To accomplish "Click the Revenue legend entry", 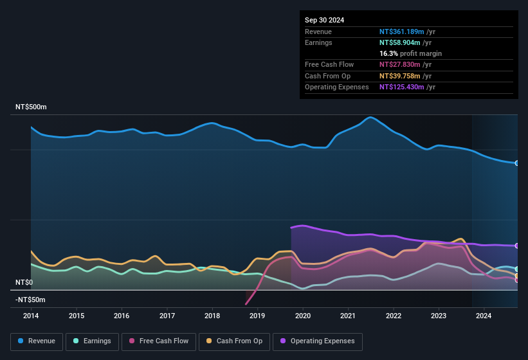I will coord(37,341).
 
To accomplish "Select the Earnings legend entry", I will coord(92,341).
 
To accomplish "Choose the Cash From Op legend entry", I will coord(235,341).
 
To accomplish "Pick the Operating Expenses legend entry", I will coord(318,341).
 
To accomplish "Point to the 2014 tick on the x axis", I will coord(31,316).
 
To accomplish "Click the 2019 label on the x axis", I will coord(257,316).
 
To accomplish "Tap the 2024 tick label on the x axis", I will coord(484,316).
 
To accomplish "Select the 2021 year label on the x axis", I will coord(348,316).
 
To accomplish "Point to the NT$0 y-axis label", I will coord(24,282).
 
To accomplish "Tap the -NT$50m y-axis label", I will coord(30,300).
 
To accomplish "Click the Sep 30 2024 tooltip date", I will coord(324,20).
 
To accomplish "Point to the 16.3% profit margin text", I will coord(410,53).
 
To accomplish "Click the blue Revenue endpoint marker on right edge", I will coord(517,163).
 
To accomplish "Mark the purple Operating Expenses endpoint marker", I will coord(517,246).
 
